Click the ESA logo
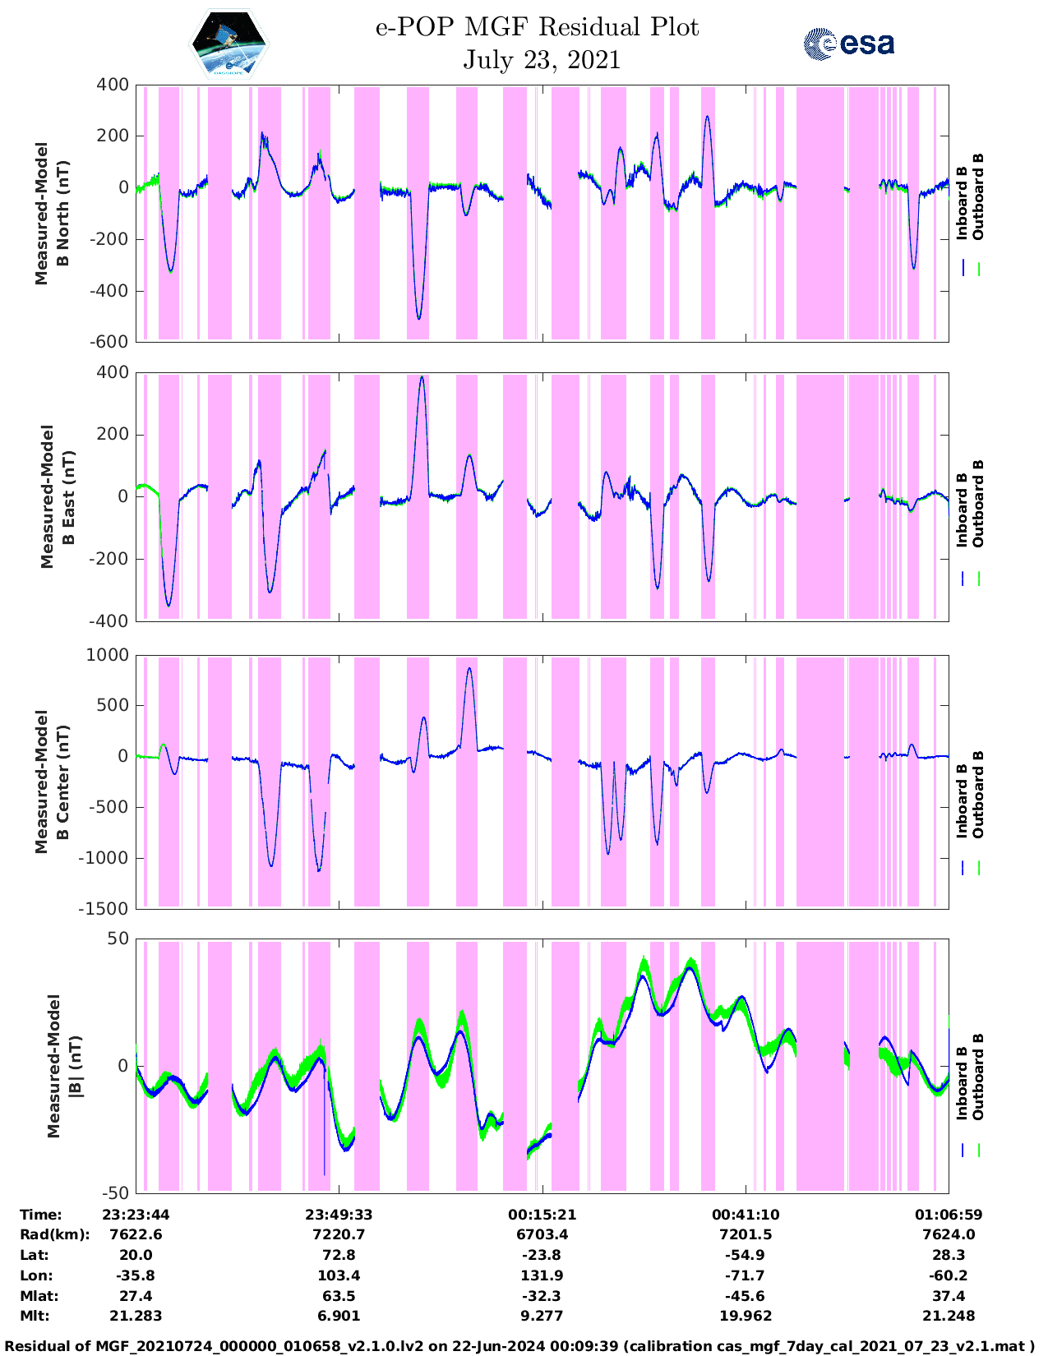[x=848, y=44]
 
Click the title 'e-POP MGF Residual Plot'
[x=537, y=27]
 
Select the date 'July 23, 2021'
[x=542, y=60]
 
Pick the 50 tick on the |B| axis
[x=118, y=939]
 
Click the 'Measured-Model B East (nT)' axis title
[x=58, y=496]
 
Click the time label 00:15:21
[x=542, y=1215]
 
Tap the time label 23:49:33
[x=339, y=1215]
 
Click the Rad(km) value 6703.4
[x=542, y=1234]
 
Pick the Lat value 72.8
[x=339, y=1255]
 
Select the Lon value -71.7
[x=746, y=1275]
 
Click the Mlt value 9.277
[x=542, y=1316]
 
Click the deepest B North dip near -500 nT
[x=418, y=318]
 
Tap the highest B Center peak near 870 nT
[x=469, y=668]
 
